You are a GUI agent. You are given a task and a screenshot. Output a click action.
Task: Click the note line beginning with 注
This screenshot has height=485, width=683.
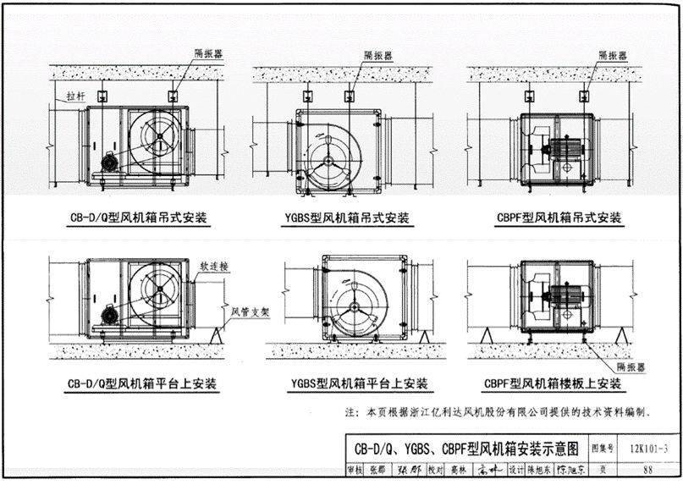[499, 413]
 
